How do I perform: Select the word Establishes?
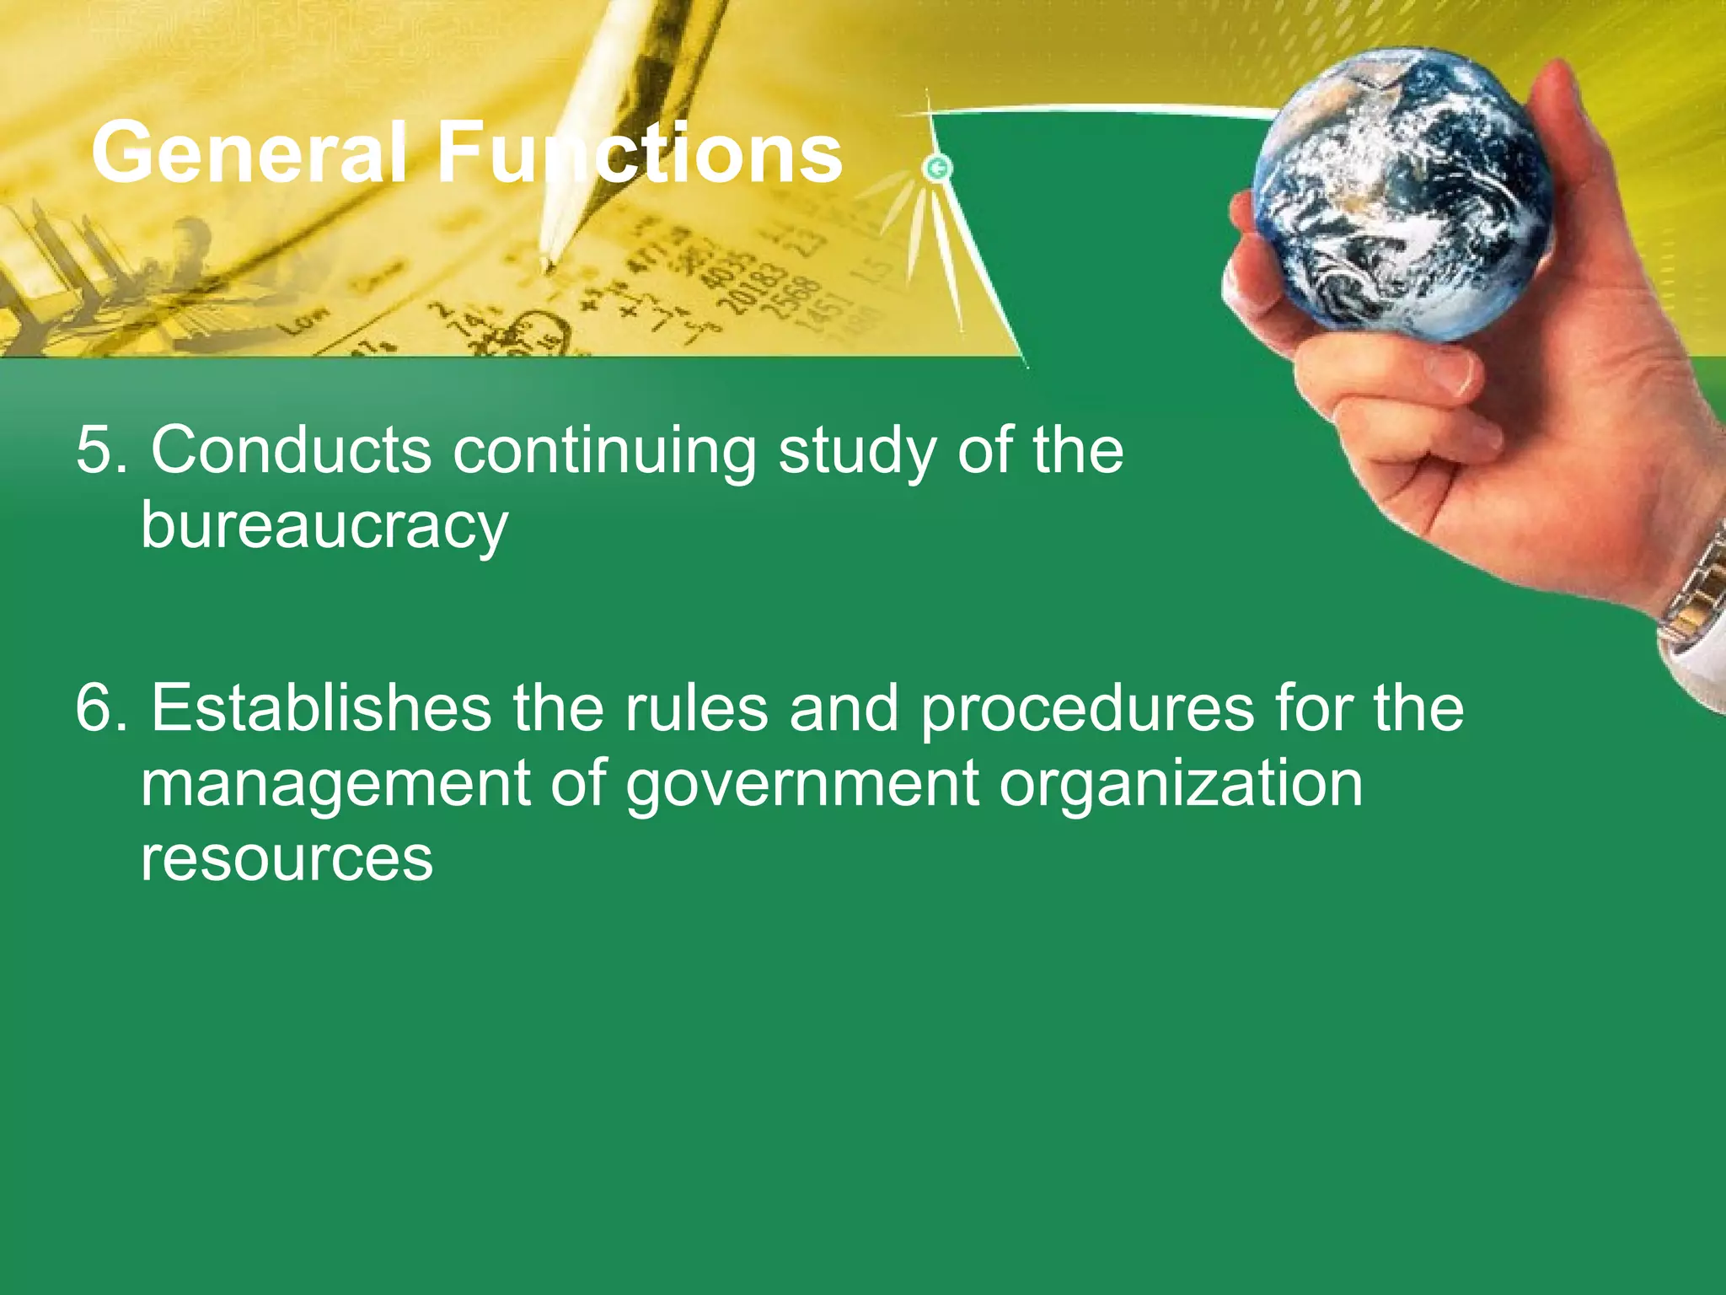coord(321,707)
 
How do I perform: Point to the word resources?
coord(287,858)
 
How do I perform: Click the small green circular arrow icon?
coord(937,168)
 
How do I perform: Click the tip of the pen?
coord(547,268)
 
